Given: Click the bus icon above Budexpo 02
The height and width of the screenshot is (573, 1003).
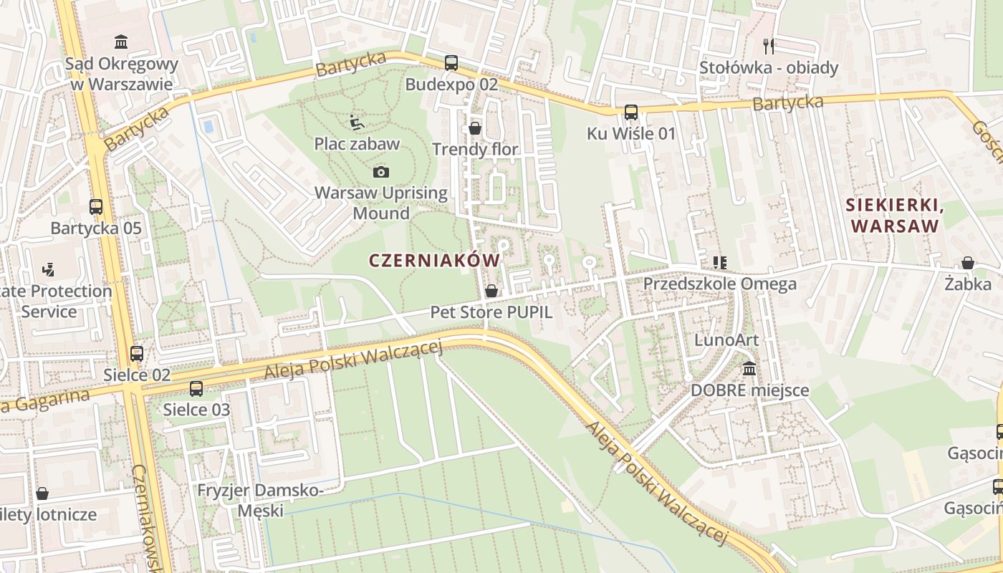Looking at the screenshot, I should point(451,62).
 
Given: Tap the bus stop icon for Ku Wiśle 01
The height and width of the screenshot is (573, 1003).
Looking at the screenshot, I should point(630,112).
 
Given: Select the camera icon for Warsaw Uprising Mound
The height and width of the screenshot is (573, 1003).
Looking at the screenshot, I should point(381,172).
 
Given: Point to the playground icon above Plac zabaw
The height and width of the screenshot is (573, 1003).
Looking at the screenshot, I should point(356,122).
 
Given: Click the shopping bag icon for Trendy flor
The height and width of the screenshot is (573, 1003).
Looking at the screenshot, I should point(474,128).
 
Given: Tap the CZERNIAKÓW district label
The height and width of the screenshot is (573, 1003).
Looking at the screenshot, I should point(434,260).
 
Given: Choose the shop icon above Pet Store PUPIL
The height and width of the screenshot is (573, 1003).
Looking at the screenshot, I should point(491,291).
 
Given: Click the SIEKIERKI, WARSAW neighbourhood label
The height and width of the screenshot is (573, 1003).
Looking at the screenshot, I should point(893,216).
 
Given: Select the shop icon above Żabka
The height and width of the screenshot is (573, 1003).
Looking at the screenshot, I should point(967,263).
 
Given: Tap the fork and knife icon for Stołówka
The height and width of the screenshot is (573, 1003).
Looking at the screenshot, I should point(769,47).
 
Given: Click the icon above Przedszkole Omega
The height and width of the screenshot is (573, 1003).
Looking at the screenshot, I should point(719,263).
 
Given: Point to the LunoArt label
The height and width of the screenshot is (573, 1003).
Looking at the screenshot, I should point(726,340).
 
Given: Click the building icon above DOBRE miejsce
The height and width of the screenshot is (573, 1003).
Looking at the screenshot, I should point(749,369).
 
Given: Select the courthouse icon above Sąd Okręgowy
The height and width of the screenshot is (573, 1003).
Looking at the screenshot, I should point(121,42).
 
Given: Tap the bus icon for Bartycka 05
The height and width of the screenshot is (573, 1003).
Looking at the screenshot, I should point(96,207).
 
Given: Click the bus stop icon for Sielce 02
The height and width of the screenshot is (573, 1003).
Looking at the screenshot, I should point(137,353).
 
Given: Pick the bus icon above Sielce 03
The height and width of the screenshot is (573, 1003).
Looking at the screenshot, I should point(196,388).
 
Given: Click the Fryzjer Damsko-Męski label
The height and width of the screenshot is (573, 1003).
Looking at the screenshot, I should point(261,501).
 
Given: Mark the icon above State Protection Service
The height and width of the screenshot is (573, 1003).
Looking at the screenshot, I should point(49,270).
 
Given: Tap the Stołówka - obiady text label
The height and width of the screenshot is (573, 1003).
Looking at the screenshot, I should point(769,68).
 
